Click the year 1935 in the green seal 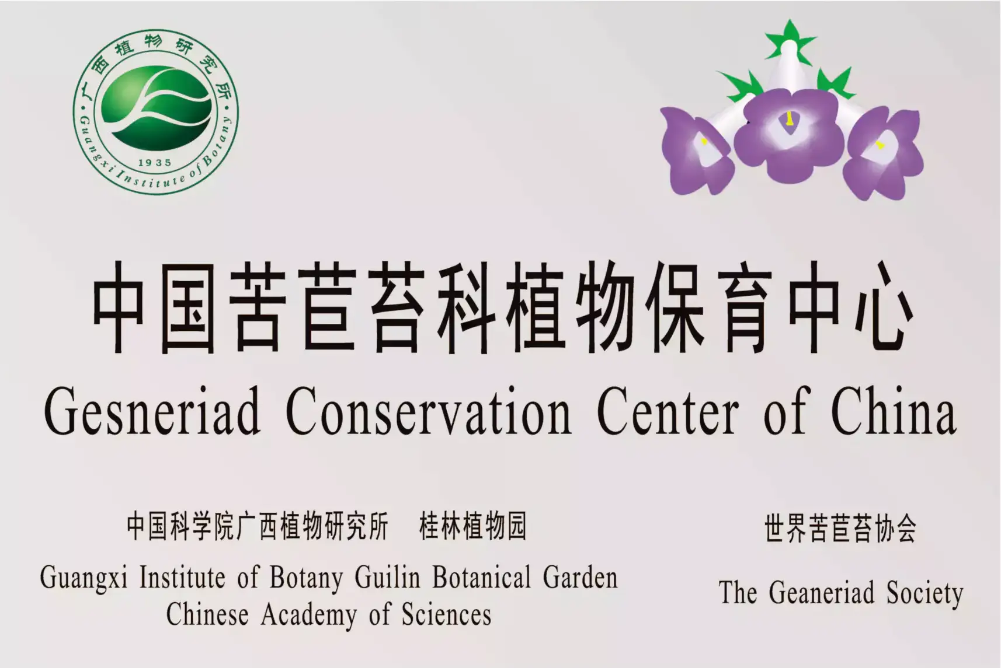[155, 163]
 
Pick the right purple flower [882, 153]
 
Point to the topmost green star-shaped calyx [790, 41]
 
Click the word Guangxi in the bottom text [84, 578]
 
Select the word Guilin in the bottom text [388, 578]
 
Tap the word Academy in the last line [310, 615]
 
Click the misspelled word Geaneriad [821, 593]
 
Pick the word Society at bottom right [925, 594]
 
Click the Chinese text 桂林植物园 [473, 526]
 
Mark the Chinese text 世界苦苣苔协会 [840, 528]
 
